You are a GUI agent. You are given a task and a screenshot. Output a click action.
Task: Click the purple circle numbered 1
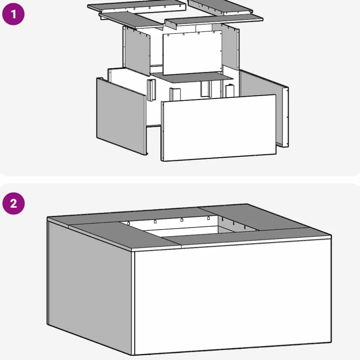13,14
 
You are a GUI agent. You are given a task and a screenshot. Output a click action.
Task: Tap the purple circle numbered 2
14,203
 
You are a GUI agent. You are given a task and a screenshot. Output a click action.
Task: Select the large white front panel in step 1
219,128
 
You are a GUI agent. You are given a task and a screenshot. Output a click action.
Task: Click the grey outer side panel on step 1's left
121,116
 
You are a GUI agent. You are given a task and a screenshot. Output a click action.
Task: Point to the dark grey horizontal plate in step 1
192,77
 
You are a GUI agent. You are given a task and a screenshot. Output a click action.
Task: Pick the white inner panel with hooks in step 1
192,53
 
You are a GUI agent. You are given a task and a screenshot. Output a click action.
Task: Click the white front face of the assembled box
232,297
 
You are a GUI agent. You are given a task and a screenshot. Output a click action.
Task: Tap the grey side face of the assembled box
90,288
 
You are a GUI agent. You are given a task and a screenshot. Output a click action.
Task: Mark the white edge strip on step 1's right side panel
286,117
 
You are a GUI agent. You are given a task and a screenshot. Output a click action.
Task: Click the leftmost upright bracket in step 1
151,90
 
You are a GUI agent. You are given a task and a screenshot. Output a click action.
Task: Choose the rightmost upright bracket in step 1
230,91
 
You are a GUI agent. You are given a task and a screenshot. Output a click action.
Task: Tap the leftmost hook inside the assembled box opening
128,223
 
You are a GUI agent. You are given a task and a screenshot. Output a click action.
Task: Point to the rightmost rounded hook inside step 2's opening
209,218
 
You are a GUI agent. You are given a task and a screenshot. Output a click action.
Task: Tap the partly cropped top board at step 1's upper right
220,7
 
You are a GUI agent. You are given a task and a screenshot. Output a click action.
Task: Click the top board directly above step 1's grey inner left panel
131,20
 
